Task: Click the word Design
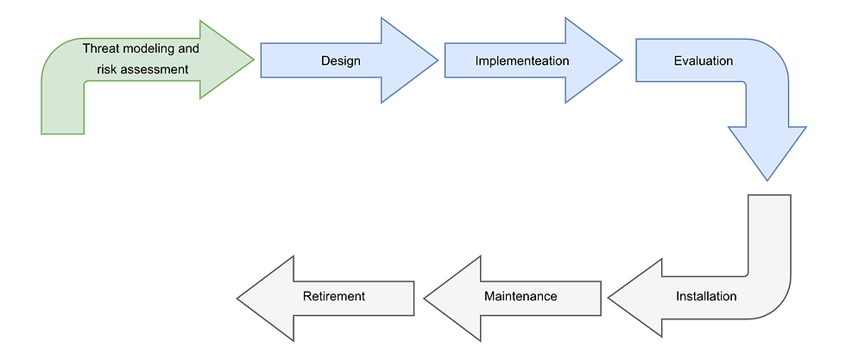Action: click(x=340, y=61)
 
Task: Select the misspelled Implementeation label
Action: click(x=522, y=61)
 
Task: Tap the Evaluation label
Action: click(x=704, y=61)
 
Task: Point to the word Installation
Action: click(x=706, y=296)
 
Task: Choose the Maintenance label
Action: click(x=521, y=296)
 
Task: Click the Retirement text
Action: click(x=334, y=296)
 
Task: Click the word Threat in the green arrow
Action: click(x=101, y=49)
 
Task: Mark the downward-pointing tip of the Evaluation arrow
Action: click(x=767, y=180)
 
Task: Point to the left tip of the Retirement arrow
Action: click(x=238, y=298)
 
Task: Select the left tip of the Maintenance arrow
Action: click(x=425, y=298)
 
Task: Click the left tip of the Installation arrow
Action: click(x=609, y=298)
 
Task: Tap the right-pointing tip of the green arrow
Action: click(x=253, y=60)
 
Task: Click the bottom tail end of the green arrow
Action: click(x=63, y=133)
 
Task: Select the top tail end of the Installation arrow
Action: click(x=768, y=196)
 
